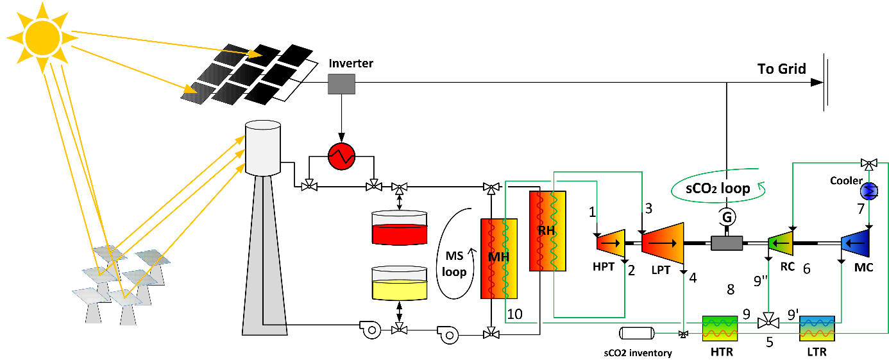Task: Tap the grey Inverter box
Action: (341, 84)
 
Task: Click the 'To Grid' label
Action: (781, 69)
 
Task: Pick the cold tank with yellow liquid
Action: (400, 284)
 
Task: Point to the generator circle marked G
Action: (727, 218)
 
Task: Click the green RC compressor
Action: (780, 243)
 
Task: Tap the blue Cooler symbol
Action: (870, 191)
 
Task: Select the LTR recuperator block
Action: (817, 328)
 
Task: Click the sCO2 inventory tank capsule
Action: (637, 333)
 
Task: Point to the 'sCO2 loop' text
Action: (717, 189)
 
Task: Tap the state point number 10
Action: (515, 314)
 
